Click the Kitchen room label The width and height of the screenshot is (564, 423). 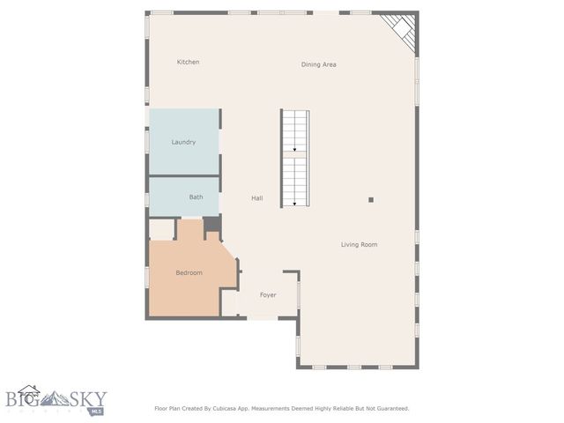(x=188, y=63)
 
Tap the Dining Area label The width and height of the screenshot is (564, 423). (x=318, y=64)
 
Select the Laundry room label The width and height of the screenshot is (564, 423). (x=183, y=142)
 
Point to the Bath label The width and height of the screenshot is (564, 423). (x=196, y=197)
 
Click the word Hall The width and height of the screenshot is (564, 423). (x=256, y=198)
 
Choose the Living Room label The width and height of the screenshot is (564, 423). (x=359, y=244)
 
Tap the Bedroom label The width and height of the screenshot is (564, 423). (x=189, y=273)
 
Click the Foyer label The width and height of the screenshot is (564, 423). (x=268, y=294)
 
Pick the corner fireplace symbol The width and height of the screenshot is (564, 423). (x=402, y=30)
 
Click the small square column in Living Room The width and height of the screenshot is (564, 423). (x=371, y=200)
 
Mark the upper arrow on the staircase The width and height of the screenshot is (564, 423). (x=294, y=150)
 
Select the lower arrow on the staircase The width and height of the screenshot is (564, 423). (x=294, y=204)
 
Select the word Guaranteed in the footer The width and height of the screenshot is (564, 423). (x=389, y=409)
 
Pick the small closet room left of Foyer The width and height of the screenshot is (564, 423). (x=229, y=302)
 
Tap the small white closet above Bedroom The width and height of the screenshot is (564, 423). (x=161, y=229)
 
